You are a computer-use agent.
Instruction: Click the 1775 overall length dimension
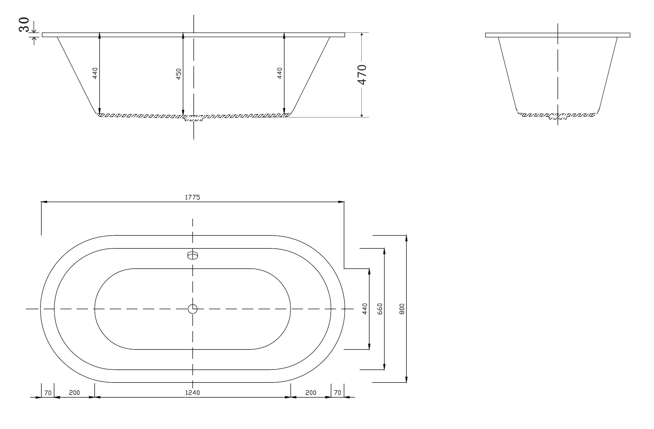pyautogui.click(x=192, y=197)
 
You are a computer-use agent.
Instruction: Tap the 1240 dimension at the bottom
pyautogui.click(x=192, y=393)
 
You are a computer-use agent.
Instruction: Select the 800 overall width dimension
pyautogui.click(x=402, y=309)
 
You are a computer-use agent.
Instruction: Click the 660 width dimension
pyautogui.click(x=380, y=309)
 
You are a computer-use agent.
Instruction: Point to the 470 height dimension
pyautogui.click(x=362, y=75)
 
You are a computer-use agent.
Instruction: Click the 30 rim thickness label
pyautogui.click(x=24, y=24)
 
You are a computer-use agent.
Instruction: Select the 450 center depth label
pyautogui.click(x=179, y=74)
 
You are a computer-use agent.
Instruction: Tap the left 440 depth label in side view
pyautogui.click(x=95, y=73)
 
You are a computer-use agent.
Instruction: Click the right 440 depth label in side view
pyautogui.click(x=280, y=73)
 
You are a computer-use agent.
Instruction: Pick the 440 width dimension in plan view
pyautogui.click(x=365, y=309)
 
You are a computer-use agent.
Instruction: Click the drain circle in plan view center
pyautogui.click(x=192, y=309)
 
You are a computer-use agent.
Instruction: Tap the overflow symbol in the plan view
pyautogui.click(x=192, y=255)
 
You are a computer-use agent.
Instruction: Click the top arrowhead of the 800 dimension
pyautogui.click(x=406, y=238)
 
